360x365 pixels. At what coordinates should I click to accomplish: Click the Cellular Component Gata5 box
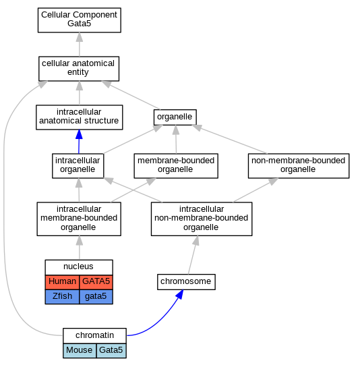pyautogui.click(x=80, y=20)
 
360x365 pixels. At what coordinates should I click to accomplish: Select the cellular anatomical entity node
pyautogui.click(x=79, y=69)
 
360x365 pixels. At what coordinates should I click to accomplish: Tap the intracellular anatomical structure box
pyautogui.click(x=80, y=117)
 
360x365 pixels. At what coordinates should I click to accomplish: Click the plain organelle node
pyautogui.click(x=175, y=117)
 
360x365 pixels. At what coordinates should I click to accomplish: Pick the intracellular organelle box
pyautogui.click(x=78, y=166)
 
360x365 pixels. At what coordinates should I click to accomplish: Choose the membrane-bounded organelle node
pyautogui.click(x=176, y=166)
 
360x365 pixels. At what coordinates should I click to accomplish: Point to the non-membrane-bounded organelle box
pyautogui.click(x=299, y=166)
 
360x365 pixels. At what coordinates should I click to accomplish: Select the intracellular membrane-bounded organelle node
pyautogui.click(x=79, y=219)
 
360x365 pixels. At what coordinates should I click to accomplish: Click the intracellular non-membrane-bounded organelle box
pyautogui.click(x=202, y=219)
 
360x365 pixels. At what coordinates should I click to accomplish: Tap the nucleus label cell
pyautogui.click(x=79, y=267)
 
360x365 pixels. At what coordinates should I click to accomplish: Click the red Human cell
pyautogui.click(x=62, y=282)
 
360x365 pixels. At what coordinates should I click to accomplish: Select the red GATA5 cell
pyautogui.click(x=96, y=282)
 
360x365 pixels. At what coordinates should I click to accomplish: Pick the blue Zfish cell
pyautogui.click(x=62, y=297)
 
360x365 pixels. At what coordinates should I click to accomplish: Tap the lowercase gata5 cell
pyautogui.click(x=96, y=297)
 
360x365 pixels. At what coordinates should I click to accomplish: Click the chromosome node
pyautogui.click(x=186, y=282)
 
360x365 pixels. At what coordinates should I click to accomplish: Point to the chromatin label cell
pyautogui.click(x=94, y=336)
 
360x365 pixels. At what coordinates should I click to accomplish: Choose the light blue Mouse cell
pyautogui.click(x=80, y=351)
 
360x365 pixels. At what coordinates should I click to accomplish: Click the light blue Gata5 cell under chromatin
pyautogui.click(x=111, y=351)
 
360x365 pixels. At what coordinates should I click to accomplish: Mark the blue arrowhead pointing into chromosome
pyautogui.click(x=180, y=294)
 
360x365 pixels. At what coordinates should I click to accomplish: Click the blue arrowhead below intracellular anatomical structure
pyautogui.click(x=79, y=134)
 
